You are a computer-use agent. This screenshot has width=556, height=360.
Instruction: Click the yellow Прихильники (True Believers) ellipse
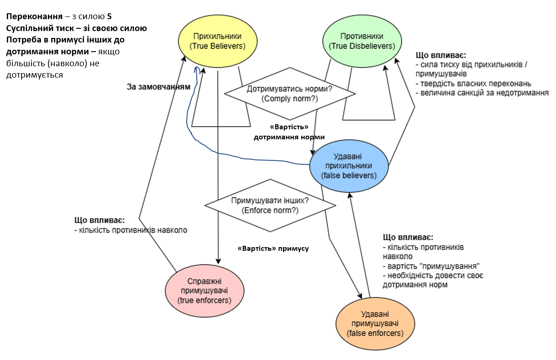point(217,41)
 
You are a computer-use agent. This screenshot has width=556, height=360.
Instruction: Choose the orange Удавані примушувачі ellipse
point(375,323)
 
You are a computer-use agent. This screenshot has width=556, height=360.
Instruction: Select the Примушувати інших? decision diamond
point(271,205)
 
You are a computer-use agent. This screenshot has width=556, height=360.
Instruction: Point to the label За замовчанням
point(158,86)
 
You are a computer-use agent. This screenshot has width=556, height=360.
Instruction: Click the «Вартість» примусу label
point(273,249)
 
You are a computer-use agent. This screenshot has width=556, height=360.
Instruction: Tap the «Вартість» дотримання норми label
point(289,132)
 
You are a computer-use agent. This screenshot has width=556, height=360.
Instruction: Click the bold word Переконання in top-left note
point(34,17)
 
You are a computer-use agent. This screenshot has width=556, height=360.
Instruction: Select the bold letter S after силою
point(109,17)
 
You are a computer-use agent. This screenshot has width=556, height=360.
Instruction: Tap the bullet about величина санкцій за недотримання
point(482,93)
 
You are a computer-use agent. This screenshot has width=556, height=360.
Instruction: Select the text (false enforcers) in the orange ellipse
point(375,333)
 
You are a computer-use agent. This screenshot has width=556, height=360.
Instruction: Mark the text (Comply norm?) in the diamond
point(289,99)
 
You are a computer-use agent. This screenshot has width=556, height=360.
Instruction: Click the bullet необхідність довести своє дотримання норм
point(431,280)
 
